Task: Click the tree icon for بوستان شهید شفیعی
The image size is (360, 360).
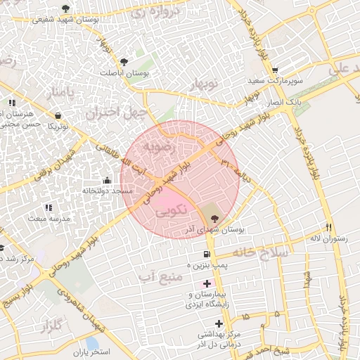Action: pyautogui.click(x=65, y=8)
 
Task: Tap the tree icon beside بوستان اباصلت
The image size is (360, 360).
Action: pyautogui.click(x=124, y=62)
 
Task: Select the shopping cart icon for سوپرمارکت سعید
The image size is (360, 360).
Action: pyautogui.click(x=275, y=70)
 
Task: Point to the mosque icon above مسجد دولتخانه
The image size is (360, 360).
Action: pyautogui.click(x=107, y=180)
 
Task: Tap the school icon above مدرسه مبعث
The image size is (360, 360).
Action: pyautogui.click(x=49, y=207)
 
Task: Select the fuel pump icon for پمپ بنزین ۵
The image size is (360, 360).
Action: pyautogui.click(x=206, y=254)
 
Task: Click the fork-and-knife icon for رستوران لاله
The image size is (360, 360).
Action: pyautogui.click(x=328, y=227)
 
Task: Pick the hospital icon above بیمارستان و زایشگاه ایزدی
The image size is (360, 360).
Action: pyautogui.click(x=207, y=283)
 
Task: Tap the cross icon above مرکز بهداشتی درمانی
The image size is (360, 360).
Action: pyautogui.click(x=219, y=323)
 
